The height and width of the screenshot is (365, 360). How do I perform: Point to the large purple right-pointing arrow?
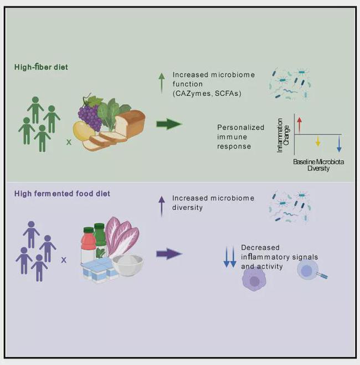point(169,254)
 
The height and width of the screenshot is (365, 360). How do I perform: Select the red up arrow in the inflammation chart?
point(299,125)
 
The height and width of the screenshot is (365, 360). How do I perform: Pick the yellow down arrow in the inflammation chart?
point(317,142)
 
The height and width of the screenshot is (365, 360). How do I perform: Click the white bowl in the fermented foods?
point(127,265)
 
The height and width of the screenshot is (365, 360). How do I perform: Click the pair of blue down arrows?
point(230,257)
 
